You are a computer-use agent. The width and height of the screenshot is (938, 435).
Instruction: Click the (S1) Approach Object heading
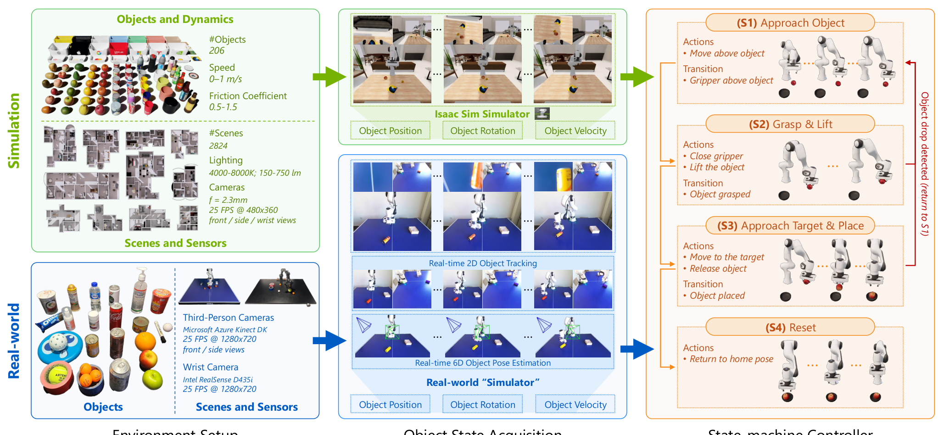click(x=790, y=23)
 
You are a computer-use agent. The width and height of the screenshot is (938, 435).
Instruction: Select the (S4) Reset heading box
click(x=790, y=327)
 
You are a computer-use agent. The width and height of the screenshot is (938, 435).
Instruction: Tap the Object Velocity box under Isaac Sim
click(x=575, y=131)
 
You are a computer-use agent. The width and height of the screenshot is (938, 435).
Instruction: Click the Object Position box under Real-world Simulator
click(x=390, y=404)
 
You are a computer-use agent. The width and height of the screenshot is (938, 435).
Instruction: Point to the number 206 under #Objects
click(x=217, y=51)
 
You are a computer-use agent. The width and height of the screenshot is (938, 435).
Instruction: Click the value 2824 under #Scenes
click(x=218, y=146)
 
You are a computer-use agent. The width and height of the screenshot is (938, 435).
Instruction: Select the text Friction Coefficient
click(x=248, y=96)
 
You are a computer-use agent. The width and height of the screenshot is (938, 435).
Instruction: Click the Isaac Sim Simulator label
click(x=482, y=114)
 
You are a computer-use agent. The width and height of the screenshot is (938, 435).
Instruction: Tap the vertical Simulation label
click(x=14, y=131)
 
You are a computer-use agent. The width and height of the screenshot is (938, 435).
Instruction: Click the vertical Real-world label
click(x=14, y=340)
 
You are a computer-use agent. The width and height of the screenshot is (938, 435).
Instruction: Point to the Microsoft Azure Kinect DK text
click(x=225, y=329)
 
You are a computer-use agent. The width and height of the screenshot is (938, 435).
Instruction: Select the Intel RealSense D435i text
click(x=218, y=379)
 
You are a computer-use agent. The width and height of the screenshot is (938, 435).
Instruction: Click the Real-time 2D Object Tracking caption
click(x=482, y=263)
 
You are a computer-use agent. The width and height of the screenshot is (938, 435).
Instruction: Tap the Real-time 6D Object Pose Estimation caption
click(x=482, y=363)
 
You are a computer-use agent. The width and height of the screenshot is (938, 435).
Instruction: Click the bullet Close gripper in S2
click(x=716, y=156)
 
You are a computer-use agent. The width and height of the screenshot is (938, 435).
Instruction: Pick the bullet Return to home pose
click(x=731, y=359)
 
